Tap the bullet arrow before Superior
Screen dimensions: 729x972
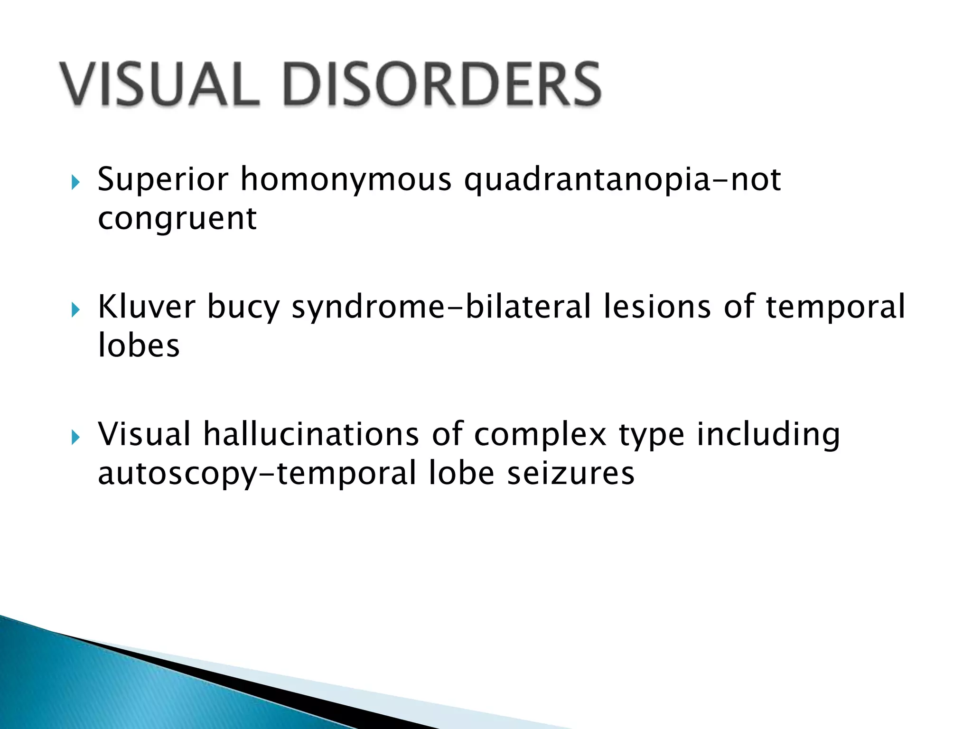tap(75, 182)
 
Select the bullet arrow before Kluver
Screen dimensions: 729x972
tap(75, 310)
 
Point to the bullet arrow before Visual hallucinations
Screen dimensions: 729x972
tap(75, 438)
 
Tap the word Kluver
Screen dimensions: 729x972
tap(146, 307)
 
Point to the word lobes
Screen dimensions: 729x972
tap(139, 346)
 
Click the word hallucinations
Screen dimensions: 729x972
tap(311, 434)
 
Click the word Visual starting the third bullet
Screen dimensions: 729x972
tap(144, 434)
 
